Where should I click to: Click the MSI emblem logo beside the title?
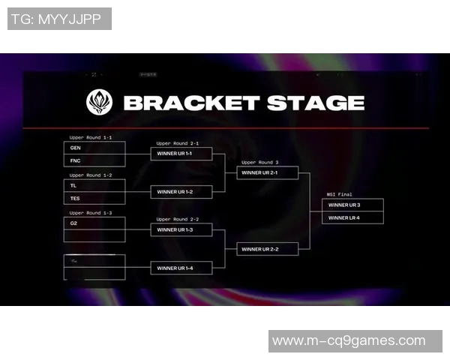[100, 102]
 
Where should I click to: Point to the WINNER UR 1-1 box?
[181, 154]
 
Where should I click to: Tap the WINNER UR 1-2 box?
[181, 192]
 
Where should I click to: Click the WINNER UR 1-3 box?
[181, 229]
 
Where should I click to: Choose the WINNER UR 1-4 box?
[181, 268]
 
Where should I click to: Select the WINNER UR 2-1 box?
[267, 172]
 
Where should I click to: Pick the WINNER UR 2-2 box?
[267, 249]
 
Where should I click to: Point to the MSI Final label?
[340, 194]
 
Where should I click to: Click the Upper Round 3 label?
[259, 162]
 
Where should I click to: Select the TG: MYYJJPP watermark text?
[59, 19]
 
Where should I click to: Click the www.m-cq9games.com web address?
[349, 341]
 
